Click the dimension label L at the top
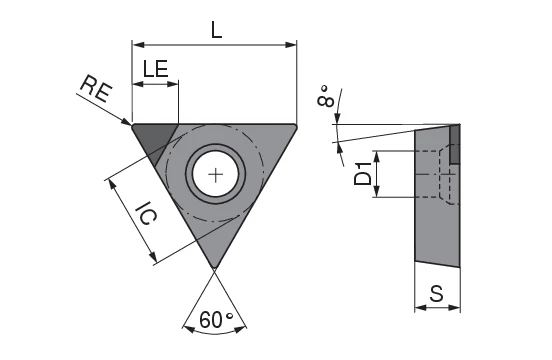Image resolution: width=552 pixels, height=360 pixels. click(217, 30)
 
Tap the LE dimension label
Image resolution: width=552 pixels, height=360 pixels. click(155, 69)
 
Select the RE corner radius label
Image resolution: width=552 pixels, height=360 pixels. click(96, 89)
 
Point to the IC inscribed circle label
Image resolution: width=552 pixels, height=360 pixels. click(145, 214)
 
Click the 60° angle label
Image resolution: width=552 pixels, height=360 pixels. click(216, 320)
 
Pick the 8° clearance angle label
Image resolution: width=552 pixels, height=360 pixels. click(326, 95)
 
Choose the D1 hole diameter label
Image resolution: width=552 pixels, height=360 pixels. click(363, 174)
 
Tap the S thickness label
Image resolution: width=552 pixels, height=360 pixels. click(437, 293)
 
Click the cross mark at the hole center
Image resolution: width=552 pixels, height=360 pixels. click(215, 175)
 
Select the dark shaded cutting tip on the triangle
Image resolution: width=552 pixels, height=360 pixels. click(154, 140)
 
